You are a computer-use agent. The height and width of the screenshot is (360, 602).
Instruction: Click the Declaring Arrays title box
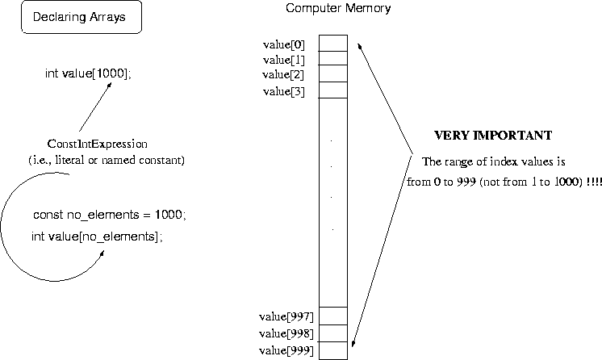click(81, 17)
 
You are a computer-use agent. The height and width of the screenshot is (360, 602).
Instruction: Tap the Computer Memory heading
click(338, 9)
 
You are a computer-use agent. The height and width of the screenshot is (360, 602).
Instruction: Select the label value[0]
click(283, 44)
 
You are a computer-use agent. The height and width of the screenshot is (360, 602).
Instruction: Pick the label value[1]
click(283, 59)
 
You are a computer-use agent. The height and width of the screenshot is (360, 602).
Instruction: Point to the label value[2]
click(283, 74)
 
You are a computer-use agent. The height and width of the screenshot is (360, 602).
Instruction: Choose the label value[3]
click(283, 91)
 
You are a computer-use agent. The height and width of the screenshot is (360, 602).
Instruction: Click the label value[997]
click(286, 316)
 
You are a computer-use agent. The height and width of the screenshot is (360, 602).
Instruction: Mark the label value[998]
click(286, 333)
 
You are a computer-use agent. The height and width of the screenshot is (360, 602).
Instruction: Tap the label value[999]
click(286, 350)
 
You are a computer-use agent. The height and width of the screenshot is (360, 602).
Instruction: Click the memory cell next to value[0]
click(332, 43)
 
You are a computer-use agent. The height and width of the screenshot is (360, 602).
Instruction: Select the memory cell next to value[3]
click(332, 90)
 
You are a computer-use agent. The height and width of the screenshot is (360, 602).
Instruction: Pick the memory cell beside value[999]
click(332, 350)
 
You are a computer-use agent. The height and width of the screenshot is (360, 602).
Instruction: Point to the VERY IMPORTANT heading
click(493, 135)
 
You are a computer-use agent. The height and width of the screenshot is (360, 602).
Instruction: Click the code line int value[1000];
click(87, 73)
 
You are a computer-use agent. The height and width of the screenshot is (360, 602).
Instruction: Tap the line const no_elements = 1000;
click(110, 216)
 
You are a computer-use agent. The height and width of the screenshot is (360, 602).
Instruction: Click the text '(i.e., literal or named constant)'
click(107, 160)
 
